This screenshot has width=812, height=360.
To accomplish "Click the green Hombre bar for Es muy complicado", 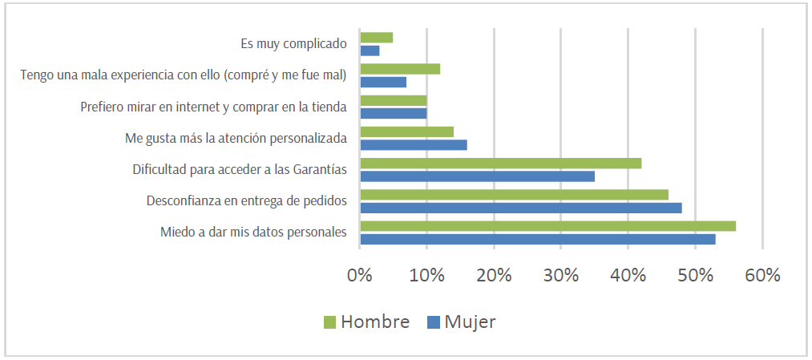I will tap(377, 38).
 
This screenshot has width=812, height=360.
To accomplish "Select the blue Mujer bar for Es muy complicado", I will tap(370, 51).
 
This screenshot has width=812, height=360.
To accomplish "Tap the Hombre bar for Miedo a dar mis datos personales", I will tap(547, 226).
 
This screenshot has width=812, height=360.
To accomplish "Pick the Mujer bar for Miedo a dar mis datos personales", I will tap(538, 239).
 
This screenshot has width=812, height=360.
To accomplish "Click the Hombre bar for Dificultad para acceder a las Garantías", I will tap(500, 164).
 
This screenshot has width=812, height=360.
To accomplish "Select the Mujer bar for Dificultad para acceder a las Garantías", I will tap(477, 176).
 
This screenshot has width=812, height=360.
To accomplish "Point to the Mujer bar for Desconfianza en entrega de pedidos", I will tap(520, 208).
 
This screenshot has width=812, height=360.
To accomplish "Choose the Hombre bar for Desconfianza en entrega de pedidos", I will tap(514, 195).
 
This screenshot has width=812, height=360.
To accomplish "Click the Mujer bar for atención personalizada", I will tap(413, 145).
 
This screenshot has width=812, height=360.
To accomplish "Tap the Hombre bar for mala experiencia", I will tap(400, 69).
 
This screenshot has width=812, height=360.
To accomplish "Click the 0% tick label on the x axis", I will tap(360, 275).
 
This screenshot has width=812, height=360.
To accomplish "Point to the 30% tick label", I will tap(561, 275).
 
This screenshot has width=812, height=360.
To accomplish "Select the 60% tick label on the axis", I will tap(762, 275).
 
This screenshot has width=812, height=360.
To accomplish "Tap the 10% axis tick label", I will tap(427, 275).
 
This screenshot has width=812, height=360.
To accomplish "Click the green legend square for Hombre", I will tap(329, 322).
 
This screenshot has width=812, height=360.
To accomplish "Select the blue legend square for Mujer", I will tap(434, 322).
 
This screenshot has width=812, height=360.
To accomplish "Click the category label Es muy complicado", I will tap(293, 44).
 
